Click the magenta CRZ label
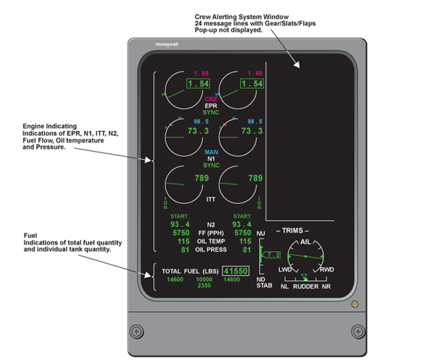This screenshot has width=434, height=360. pos(211,98)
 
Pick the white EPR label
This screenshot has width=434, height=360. pos(211,106)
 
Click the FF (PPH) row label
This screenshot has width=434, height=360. pos(211,233)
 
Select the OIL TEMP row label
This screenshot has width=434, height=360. pos(211,241)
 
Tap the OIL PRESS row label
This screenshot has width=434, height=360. pos(211,250)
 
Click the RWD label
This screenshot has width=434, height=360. pos(326,269)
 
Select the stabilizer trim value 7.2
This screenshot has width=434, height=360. pos(272,255)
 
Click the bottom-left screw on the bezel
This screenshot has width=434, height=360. pos(135,331)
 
